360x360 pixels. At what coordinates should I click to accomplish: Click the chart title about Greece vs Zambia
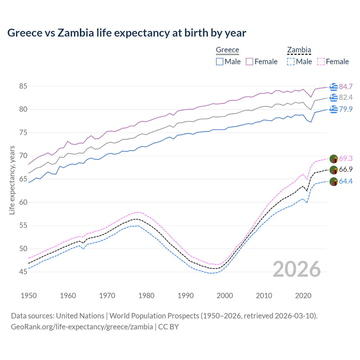pyautogui.click(x=127, y=33)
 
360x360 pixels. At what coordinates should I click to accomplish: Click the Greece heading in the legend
pyautogui.click(x=227, y=50)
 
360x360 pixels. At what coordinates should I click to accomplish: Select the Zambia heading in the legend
pyautogui.click(x=299, y=50)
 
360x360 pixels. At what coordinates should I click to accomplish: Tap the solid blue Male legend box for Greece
pyautogui.click(x=220, y=62)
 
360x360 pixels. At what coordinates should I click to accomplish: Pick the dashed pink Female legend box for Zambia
pyautogui.click(x=321, y=62)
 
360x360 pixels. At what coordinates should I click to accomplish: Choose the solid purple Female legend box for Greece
pyautogui.click(x=249, y=62)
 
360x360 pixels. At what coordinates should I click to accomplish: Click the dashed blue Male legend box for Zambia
pyautogui.click(x=291, y=62)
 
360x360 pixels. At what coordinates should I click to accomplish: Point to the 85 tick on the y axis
pyautogui.click(x=23, y=86)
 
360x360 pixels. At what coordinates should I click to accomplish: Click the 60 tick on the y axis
pyautogui.click(x=23, y=202)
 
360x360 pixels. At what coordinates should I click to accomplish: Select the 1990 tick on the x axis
pyautogui.click(x=186, y=296)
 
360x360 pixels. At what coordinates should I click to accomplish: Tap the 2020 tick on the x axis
pyautogui.click(x=303, y=296)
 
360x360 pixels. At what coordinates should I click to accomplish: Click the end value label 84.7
pyautogui.click(x=346, y=87)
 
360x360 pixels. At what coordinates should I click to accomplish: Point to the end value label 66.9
pyautogui.click(x=346, y=169)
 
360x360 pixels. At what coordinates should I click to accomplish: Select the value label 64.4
pyautogui.click(x=346, y=181)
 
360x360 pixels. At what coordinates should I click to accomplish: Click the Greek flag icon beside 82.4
pyautogui.click(x=334, y=98)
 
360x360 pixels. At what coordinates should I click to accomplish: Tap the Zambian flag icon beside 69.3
pyautogui.click(x=334, y=159)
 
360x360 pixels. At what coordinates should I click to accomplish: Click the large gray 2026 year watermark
pyautogui.click(x=297, y=269)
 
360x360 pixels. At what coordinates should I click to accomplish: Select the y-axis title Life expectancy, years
pyautogui.click(x=12, y=180)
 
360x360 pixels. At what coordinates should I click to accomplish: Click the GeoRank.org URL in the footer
pyautogui.click(x=82, y=327)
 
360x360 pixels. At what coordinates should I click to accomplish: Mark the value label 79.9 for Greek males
pyautogui.click(x=346, y=109)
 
